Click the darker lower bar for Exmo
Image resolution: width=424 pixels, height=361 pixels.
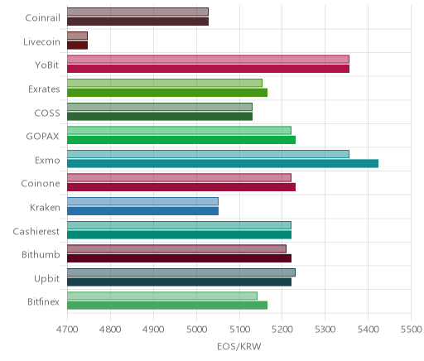[223, 163]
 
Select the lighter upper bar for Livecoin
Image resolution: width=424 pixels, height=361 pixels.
[77, 36]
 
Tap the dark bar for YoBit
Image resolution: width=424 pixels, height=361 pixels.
[209, 69]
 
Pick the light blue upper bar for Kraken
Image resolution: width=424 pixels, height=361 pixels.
[142, 201]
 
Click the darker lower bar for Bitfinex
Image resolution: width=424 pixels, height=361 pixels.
[167, 306]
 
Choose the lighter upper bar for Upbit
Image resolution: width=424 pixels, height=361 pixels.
[181, 272]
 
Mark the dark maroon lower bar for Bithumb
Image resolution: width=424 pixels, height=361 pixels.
[180, 258]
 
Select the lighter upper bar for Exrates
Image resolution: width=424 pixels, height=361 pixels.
[165, 83]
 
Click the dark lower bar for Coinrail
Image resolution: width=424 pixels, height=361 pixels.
[138, 22]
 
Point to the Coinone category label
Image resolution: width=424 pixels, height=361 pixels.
[41, 184]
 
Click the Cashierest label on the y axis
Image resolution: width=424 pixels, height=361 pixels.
[36, 231]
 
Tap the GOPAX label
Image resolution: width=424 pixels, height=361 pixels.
[42, 137]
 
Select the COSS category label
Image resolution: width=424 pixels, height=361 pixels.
[47, 113]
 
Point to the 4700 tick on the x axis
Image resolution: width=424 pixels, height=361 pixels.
[67, 330]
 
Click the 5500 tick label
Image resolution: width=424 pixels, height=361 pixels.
[412, 330]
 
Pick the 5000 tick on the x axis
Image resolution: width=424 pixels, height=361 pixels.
[196, 330]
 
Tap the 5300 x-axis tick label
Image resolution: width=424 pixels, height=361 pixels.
[325, 330]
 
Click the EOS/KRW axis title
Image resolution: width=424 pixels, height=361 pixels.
[239, 347]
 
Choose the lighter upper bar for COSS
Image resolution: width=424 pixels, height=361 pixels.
[160, 107]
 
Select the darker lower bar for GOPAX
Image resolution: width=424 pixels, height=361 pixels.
[181, 140]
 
